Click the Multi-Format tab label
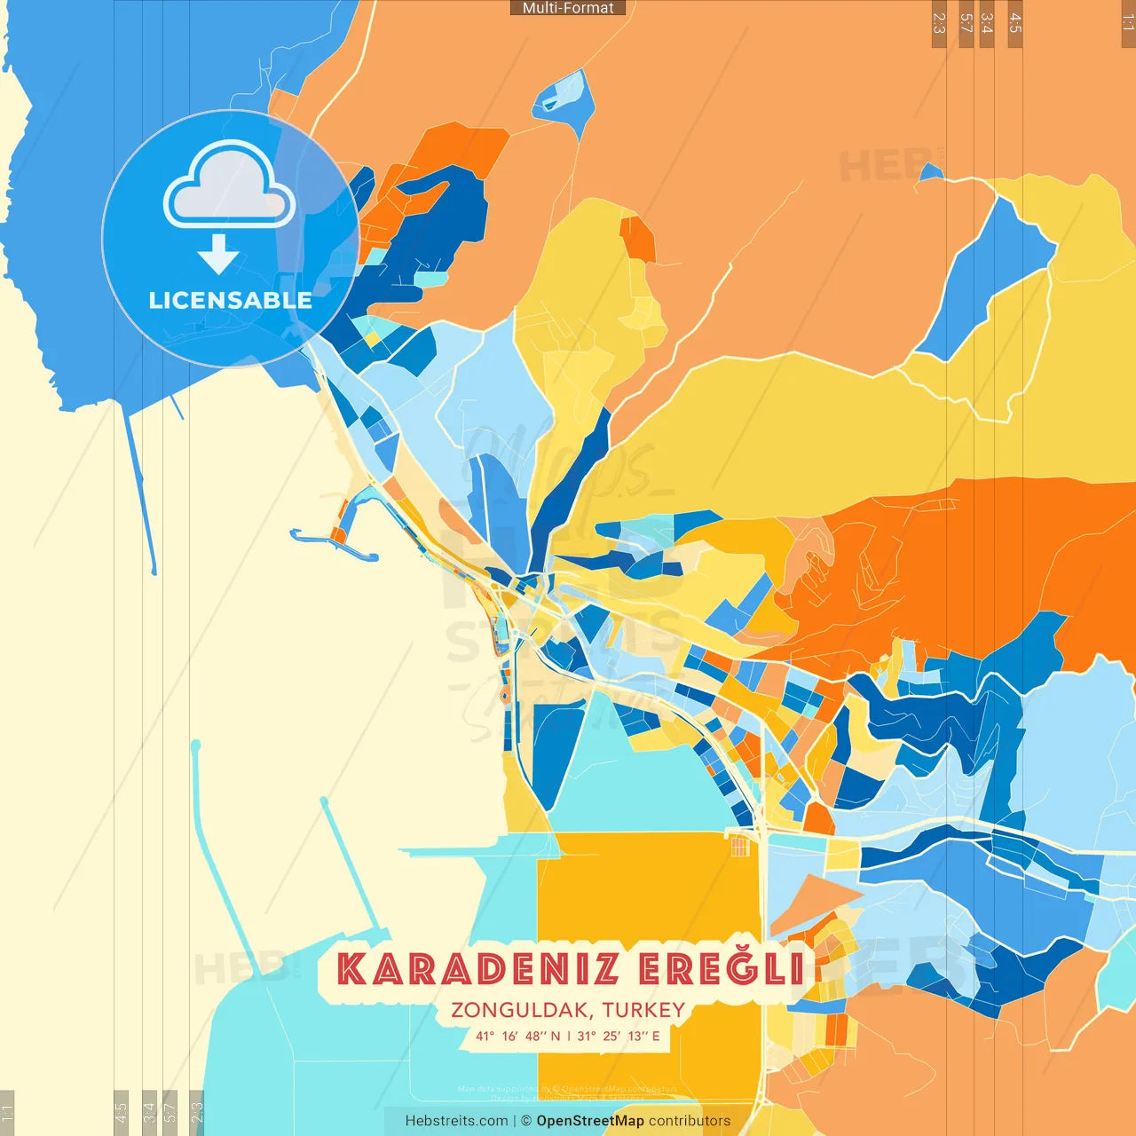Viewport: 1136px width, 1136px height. coord(568,8)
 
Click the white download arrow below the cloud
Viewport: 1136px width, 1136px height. coord(218,255)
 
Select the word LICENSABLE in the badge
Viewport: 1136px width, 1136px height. coord(230,301)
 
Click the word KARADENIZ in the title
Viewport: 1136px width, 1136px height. coord(477,969)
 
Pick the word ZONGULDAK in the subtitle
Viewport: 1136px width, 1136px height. coord(521,1010)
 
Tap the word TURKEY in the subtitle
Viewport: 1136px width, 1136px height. coord(643,1010)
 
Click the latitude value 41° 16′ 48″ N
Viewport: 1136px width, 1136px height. coord(518,1036)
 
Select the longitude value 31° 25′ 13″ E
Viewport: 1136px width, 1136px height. coord(619,1036)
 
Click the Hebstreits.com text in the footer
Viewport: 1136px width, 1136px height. coord(456,1121)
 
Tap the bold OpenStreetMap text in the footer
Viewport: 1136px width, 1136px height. coord(590,1121)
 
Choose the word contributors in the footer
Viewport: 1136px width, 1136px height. coord(690,1121)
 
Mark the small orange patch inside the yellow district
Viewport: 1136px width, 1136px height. coord(637,239)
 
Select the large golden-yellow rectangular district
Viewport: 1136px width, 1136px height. coord(649,896)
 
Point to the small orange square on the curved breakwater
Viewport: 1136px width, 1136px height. coord(338,534)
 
